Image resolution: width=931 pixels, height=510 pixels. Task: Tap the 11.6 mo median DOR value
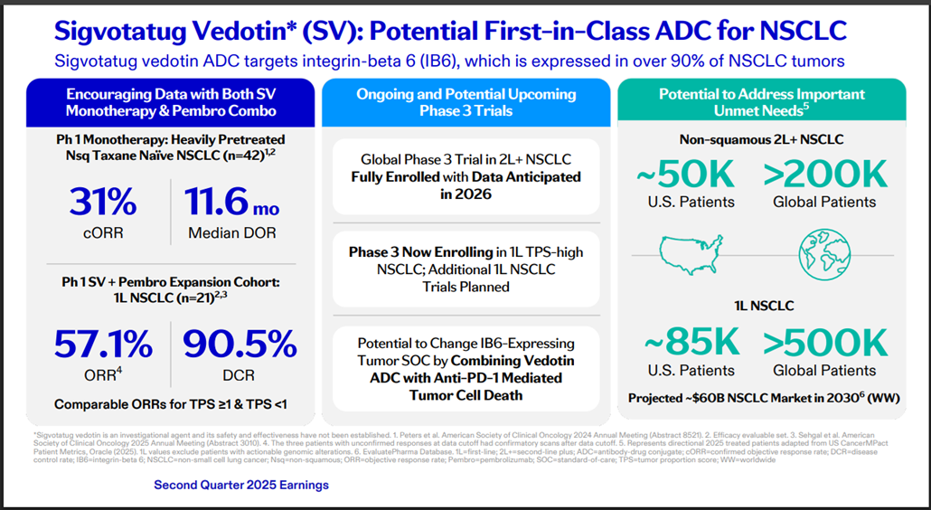pyautogui.click(x=232, y=202)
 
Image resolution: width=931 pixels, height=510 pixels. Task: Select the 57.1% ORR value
pyautogui.click(x=103, y=345)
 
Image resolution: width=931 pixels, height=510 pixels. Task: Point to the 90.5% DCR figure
pyautogui.click(x=240, y=345)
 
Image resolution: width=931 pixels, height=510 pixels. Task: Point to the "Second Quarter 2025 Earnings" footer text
pyautogui.click(x=241, y=486)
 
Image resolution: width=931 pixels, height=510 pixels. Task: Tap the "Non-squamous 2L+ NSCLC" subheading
pyautogui.click(x=761, y=140)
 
